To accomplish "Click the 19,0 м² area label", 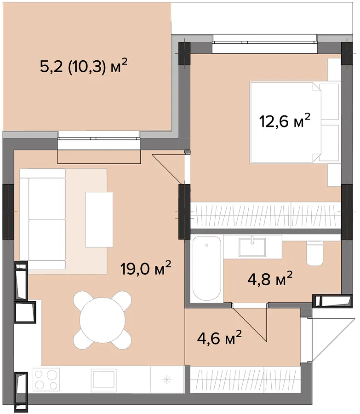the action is pos(146,268).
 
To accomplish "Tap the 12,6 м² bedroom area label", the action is pos(285,121).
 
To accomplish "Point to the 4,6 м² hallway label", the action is pos(219,338).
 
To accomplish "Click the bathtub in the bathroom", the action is pos(206,269).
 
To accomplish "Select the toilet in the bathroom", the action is pos(314,253).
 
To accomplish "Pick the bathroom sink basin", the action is pos(252,247).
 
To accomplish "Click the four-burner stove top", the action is pos(46,379).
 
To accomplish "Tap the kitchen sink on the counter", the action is pos(104,380).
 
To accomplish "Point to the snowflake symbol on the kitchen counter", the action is pos(167,380).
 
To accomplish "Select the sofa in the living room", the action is pos(42,219).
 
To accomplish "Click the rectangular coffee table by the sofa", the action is pos(99,219).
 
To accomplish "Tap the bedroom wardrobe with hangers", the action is pos(265,215).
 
